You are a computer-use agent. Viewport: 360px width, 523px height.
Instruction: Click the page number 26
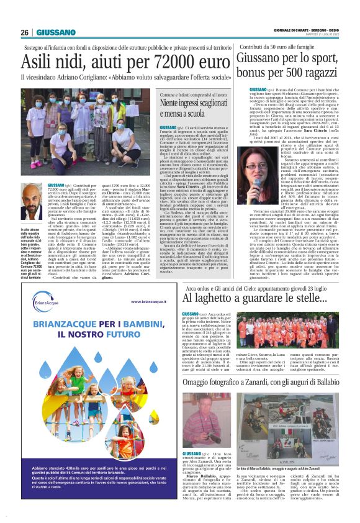coord(24,32)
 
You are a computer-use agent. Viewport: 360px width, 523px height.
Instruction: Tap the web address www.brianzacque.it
coord(148,301)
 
